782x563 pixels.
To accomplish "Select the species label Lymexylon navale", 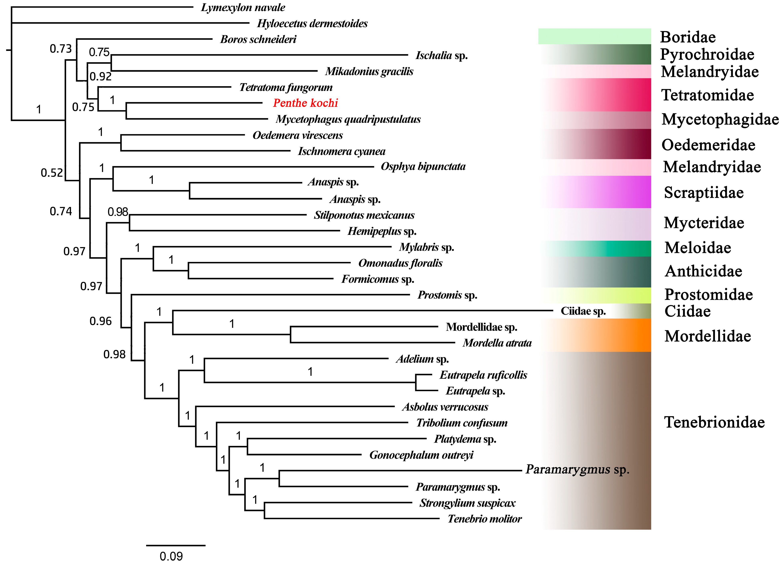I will (x=243, y=8).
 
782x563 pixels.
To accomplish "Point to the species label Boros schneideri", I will (x=258, y=39).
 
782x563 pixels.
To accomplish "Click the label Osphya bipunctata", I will (x=423, y=167).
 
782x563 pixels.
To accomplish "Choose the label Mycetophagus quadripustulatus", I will (x=348, y=119).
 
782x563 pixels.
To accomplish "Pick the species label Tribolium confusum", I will (x=462, y=423).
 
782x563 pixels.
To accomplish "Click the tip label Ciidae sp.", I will (x=583, y=311).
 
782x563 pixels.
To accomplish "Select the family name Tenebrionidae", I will (x=714, y=422).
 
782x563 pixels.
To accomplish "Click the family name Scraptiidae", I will (x=704, y=192).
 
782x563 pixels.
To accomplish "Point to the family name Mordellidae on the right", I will (x=708, y=336).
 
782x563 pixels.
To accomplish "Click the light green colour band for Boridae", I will (x=594, y=36).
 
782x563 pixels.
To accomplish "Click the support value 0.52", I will (x=52, y=172).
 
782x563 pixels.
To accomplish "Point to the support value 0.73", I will (x=61, y=49).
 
